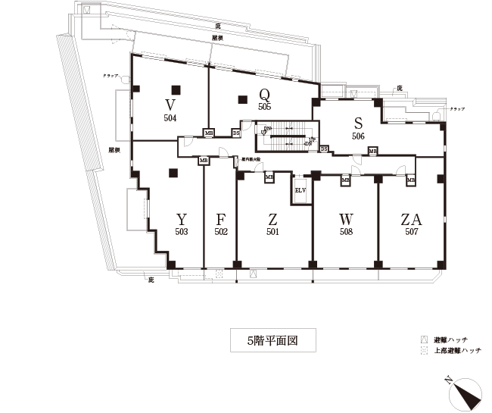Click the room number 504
(x=170, y=118)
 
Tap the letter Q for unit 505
(x=264, y=95)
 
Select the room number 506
(x=359, y=136)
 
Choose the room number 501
(x=272, y=232)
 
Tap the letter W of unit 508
(x=347, y=220)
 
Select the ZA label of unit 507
(x=412, y=220)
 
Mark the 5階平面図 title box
(x=272, y=340)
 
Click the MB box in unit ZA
(x=411, y=180)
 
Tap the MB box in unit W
(x=345, y=180)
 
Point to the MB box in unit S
(x=372, y=152)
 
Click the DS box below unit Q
(x=236, y=133)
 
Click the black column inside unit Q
(x=242, y=98)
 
